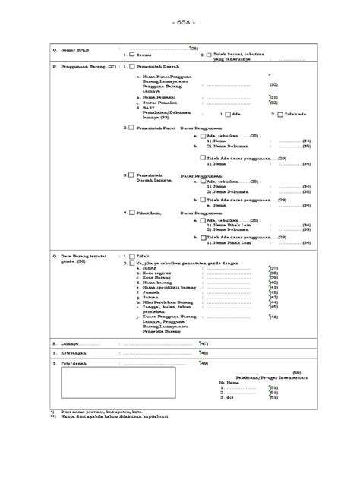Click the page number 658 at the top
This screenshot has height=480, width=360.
[x=181, y=23]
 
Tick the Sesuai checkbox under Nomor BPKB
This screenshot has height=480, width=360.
[x=132, y=55]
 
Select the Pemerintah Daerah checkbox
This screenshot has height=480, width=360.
[x=132, y=67]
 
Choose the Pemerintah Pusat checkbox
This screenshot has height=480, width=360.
[x=132, y=129]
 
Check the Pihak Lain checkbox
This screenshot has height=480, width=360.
[x=132, y=213]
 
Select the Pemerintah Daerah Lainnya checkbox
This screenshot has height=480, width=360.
[x=132, y=175]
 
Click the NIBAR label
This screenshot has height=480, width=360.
[x=150, y=268]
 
